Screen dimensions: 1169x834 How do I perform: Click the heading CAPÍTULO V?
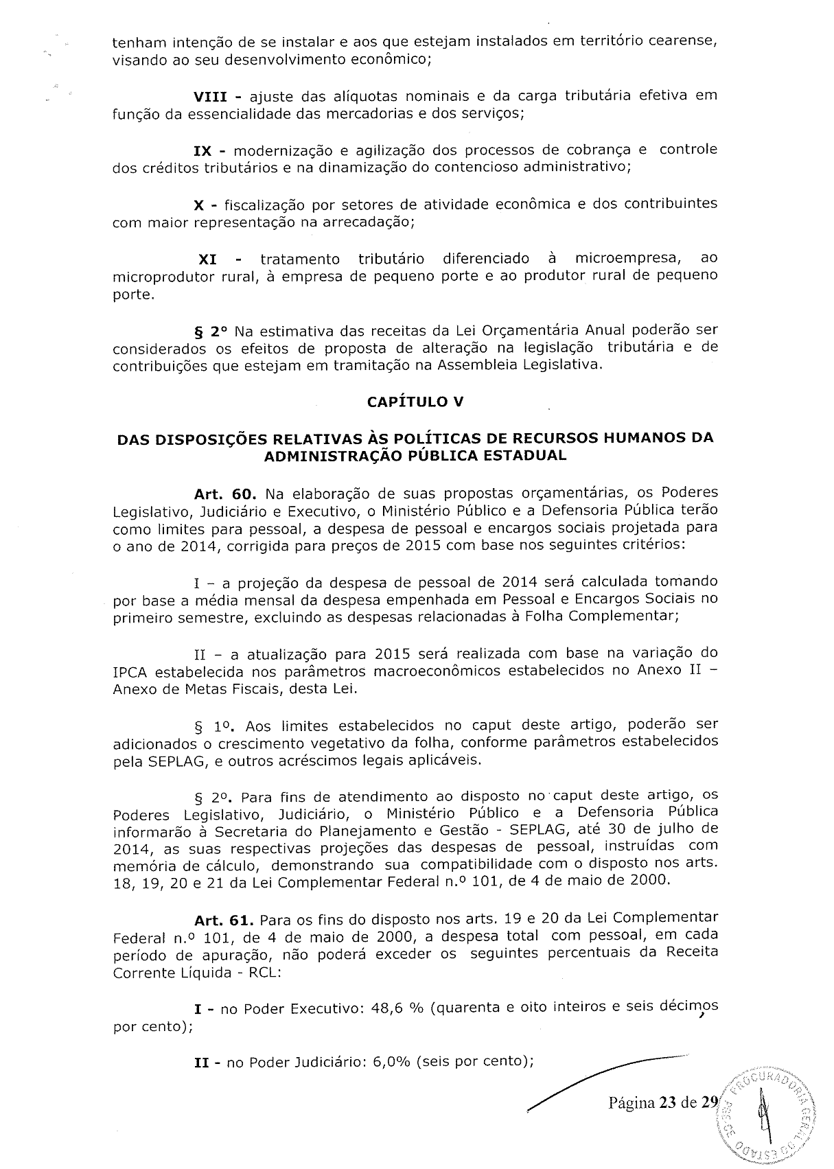point(415,402)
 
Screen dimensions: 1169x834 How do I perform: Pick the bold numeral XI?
point(207,259)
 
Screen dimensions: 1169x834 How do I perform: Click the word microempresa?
point(627,259)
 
